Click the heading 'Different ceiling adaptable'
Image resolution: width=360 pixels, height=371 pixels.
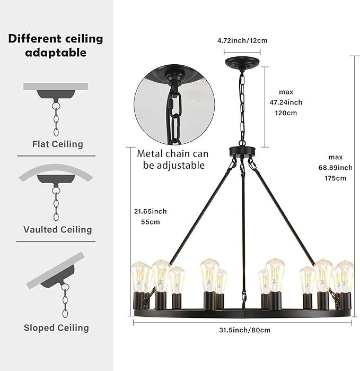[x=56, y=46]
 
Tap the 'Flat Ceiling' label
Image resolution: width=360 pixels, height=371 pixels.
[x=58, y=144]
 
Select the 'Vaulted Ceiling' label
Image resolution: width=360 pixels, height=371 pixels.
[x=58, y=229]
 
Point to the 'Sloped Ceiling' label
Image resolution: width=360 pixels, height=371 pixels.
[x=56, y=327]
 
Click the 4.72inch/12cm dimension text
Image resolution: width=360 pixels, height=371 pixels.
[x=242, y=40]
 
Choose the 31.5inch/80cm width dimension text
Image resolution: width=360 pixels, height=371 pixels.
[x=244, y=330]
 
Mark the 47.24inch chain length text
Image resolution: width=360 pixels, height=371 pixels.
[x=286, y=102]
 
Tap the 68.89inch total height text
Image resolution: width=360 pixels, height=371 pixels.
[x=336, y=168]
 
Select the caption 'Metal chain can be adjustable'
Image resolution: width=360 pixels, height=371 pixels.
[x=173, y=159]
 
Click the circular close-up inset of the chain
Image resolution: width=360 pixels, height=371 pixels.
[x=174, y=105]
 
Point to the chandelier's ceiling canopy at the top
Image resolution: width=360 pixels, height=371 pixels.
[x=242, y=62]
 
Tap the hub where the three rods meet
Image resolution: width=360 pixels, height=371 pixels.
[x=242, y=152]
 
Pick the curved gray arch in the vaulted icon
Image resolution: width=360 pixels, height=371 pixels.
[x=56, y=171]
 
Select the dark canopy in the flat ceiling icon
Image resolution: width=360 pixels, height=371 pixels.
[x=56, y=94]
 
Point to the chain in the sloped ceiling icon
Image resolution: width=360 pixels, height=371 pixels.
[x=65, y=300]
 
